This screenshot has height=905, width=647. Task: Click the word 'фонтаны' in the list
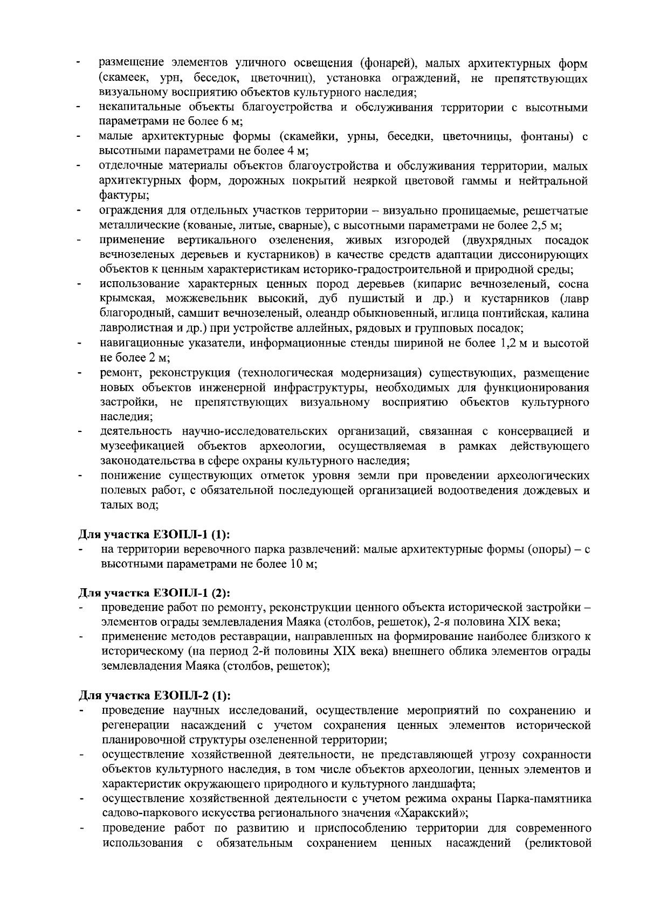[545, 136]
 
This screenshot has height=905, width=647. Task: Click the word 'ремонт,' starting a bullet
[119, 373]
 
